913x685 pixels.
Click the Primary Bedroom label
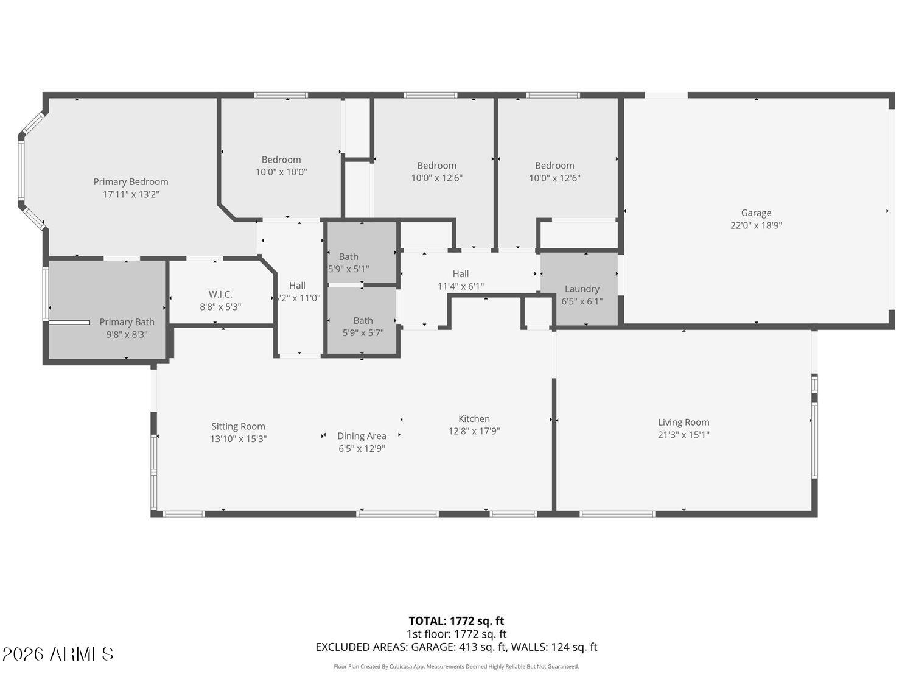(131, 181)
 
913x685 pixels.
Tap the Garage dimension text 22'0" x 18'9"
(756, 225)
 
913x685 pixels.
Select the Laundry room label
(582, 289)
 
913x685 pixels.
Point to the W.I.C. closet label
(220, 294)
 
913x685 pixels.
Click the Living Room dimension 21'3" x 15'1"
(684, 435)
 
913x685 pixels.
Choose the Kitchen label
(474, 418)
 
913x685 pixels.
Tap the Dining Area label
(362, 436)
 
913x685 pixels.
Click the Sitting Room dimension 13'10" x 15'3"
(238, 439)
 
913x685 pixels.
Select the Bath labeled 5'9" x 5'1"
(349, 256)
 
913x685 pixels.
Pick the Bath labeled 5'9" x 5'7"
(363, 320)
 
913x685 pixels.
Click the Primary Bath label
(127, 321)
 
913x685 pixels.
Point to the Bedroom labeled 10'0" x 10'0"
(281, 160)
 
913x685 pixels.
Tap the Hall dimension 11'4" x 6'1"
(460, 286)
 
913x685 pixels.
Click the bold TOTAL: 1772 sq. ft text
(456, 621)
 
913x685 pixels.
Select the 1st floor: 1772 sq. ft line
(456, 634)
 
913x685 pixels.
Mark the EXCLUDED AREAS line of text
(456, 647)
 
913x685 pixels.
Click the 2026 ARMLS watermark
(58, 654)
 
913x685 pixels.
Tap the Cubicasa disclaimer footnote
(456, 667)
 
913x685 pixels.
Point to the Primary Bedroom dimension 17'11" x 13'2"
(131, 194)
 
